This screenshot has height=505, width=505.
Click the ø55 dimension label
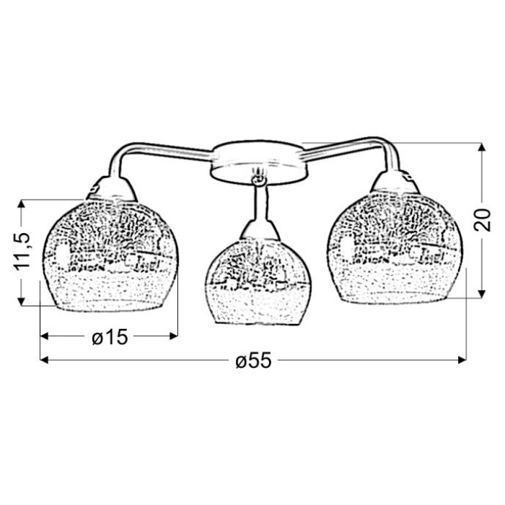click(x=253, y=360)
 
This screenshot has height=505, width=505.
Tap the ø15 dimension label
click(x=110, y=337)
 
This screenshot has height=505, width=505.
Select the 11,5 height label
click(x=22, y=250)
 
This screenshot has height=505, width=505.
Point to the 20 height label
click(x=482, y=220)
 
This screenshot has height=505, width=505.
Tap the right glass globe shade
click(x=395, y=248)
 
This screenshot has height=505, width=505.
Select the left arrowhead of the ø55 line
click(x=44, y=360)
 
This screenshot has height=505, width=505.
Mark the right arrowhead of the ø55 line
click(x=462, y=360)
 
